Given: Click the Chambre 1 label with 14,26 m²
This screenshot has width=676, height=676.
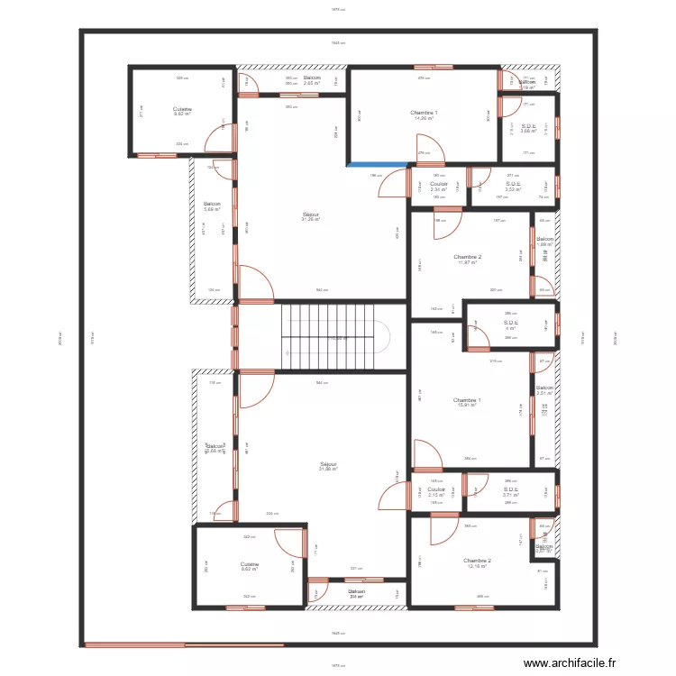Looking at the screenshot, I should click(425, 114).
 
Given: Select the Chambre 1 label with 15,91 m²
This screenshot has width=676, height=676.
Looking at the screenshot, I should click(467, 402).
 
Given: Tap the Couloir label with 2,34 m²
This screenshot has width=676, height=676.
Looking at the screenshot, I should click(439, 187).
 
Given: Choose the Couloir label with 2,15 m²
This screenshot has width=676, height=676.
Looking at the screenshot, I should click(437, 492).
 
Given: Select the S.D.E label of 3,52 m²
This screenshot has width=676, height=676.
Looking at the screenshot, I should click(514, 187).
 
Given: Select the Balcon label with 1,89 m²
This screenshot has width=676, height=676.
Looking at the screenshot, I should click(544, 242).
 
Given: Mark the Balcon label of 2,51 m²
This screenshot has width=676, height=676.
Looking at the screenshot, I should click(544, 390).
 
